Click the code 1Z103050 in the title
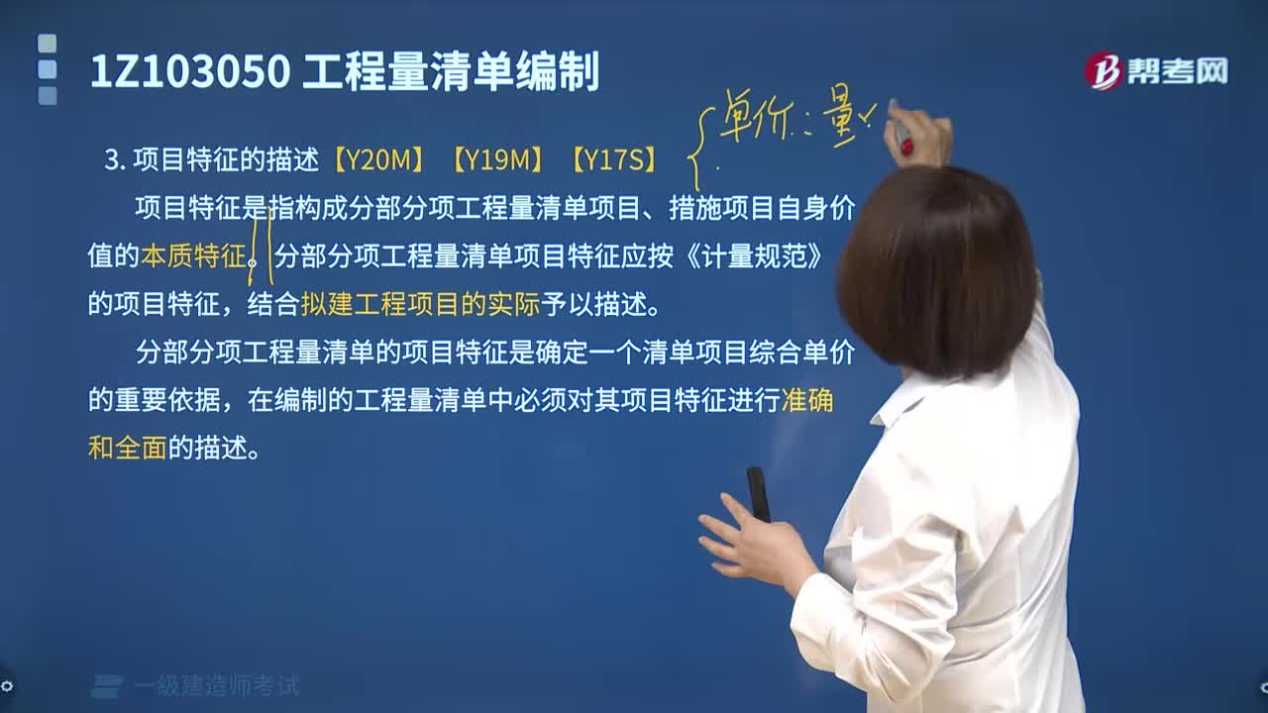click(189, 72)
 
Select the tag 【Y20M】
click(379, 159)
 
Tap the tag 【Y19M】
click(498, 159)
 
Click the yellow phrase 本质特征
click(193, 256)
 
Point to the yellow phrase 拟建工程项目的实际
click(420, 304)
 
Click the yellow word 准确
click(807, 400)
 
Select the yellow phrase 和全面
click(127, 448)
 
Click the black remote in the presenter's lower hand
click(758, 493)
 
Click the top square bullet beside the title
click(47, 44)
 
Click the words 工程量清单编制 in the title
click(451, 72)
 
